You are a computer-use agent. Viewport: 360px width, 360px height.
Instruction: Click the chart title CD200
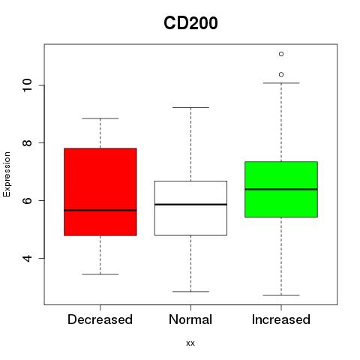pyautogui.click(x=190, y=23)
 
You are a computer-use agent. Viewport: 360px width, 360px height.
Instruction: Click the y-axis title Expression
pyautogui.click(x=7, y=174)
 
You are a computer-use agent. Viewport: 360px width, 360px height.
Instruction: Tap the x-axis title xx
pyautogui.click(x=190, y=343)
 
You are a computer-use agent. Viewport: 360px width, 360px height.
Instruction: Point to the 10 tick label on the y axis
pyautogui.click(x=27, y=85)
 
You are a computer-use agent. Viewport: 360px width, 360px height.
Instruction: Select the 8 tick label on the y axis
pyautogui.click(x=27, y=142)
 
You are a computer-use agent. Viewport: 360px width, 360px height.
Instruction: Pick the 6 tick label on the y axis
pyautogui.click(x=27, y=200)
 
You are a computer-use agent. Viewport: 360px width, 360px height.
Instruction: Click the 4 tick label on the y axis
pyautogui.click(x=27, y=258)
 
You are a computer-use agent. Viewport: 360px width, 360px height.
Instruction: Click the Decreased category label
pyautogui.click(x=100, y=319)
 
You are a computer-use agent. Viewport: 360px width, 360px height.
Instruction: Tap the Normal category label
pyautogui.click(x=190, y=319)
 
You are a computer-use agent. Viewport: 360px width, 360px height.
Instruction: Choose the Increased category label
pyautogui.click(x=281, y=319)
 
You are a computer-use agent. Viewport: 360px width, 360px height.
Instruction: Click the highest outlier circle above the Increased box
pyautogui.click(x=281, y=54)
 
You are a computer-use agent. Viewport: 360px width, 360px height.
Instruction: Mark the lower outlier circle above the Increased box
pyautogui.click(x=281, y=74)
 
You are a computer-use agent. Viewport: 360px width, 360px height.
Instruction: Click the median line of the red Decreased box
pyautogui.click(x=100, y=210)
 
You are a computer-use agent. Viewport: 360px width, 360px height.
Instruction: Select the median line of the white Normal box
pyautogui.click(x=190, y=205)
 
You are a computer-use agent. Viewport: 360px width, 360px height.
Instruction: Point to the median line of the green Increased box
pyautogui.click(x=281, y=189)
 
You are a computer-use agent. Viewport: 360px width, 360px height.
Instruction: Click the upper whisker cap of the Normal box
pyautogui.click(x=190, y=107)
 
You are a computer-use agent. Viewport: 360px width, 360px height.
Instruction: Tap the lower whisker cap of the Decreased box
pyautogui.click(x=100, y=274)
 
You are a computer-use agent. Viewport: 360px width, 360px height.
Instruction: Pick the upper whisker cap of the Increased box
pyautogui.click(x=281, y=82)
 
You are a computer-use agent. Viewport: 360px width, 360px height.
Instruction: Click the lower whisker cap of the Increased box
pyautogui.click(x=281, y=295)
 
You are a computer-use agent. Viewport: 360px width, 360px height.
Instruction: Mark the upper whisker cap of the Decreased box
pyautogui.click(x=100, y=118)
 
